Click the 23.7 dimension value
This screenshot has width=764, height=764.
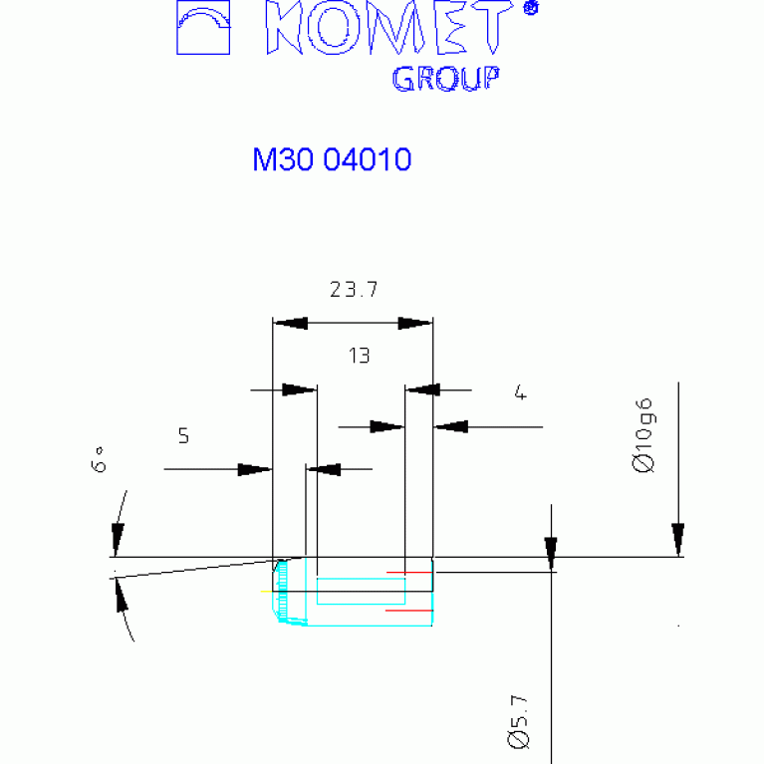point(354,290)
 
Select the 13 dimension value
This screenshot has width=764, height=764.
point(360,356)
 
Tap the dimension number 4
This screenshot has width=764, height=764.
point(520,391)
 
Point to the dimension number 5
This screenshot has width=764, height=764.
point(183,435)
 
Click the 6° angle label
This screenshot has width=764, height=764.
point(99,459)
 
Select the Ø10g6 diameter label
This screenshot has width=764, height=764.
point(643,435)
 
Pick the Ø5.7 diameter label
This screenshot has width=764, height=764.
point(517,721)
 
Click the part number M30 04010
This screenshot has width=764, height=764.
point(332,159)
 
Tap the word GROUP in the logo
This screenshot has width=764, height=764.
point(446,79)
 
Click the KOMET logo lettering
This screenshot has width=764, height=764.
point(389,27)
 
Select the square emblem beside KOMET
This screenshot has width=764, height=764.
point(203,27)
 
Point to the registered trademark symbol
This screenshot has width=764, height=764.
point(531,8)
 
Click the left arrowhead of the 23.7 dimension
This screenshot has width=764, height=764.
point(291,323)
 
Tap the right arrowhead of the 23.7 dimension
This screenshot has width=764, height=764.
point(415,323)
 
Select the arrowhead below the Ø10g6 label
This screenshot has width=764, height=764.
point(677,539)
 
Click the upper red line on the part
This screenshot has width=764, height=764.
point(409,572)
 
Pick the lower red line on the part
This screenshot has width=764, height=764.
point(409,610)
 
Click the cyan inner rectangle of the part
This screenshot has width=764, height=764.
point(361,591)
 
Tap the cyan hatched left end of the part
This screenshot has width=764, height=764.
point(282,592)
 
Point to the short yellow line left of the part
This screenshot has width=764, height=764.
point(267,591)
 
